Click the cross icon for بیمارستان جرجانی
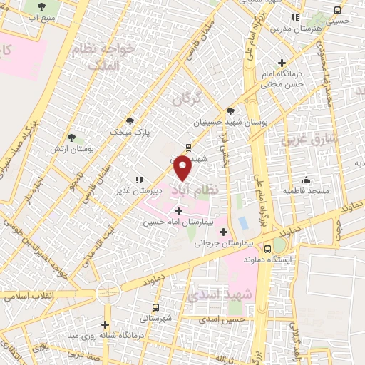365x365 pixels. tap(224, 232)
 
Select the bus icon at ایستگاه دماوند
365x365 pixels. tap(267, 250)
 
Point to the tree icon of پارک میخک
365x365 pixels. tap(129, 121)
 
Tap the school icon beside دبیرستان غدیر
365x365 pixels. tap(139, 180)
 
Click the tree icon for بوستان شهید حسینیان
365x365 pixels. tap(230, 110)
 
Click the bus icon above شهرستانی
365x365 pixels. tap(156, 306)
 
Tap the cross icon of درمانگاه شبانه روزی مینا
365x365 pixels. tap(106, 325)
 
